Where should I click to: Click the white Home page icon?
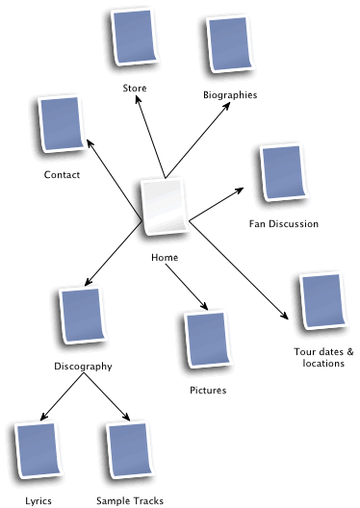click(x=164, y=207)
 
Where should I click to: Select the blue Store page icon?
click(x=133, y=40)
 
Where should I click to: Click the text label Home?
click(x=165, y=257)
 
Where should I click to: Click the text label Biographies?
click(x=231, y=94)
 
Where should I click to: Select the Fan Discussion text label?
click(x=283, y=224)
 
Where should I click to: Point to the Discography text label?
click(x=84, y=367)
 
